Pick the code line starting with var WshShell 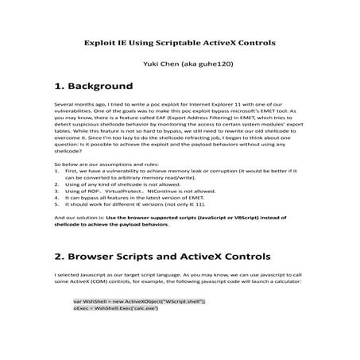[x=138, y=302]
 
